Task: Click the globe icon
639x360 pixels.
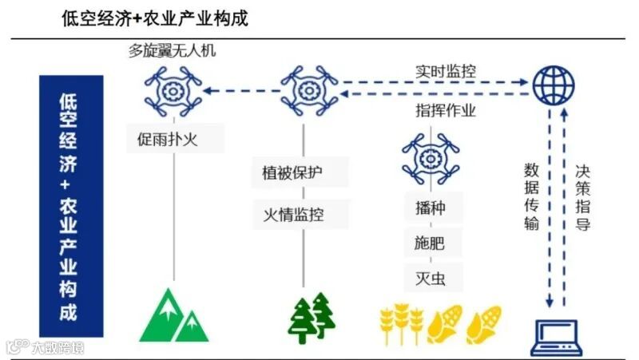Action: coord(553,81)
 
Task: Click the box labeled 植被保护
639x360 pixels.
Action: coord(294,172)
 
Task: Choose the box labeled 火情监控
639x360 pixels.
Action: coord(294,214)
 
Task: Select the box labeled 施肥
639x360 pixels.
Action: coord(430,242)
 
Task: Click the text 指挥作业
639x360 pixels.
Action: coord(446,109)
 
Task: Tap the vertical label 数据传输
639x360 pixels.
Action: coord(532,196)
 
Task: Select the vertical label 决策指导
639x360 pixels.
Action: coord(582,196)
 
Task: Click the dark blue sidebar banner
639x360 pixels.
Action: coord(70,206)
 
